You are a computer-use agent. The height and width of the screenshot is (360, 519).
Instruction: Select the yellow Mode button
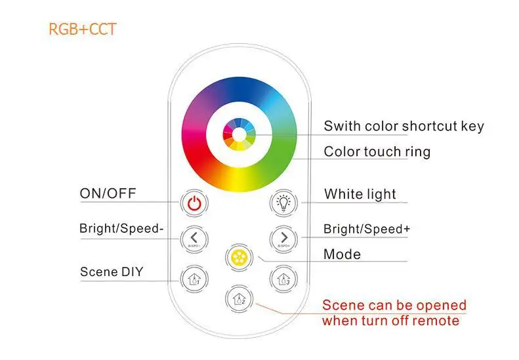coord(238,255)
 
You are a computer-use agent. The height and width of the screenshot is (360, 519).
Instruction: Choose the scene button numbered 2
coord(238,298)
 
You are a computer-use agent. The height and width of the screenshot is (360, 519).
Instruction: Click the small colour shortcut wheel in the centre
coord(238,134)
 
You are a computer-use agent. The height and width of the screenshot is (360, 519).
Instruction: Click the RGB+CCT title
coord(82,30)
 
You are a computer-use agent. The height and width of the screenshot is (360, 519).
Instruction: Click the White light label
coord(360,194)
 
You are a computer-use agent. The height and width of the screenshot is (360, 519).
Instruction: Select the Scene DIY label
coord(112,271)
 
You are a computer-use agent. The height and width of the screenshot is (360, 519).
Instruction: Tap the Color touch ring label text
coord(377,152)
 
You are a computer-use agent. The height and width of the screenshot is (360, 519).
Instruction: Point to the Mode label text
coord(343,254)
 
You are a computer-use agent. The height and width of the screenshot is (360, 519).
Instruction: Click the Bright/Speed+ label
coord(367,229)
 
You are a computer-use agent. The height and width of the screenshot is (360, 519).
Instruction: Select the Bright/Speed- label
coord(119,229)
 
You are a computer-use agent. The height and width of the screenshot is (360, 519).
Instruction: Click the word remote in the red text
coord(436,321)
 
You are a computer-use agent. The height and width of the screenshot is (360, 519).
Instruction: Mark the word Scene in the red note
coord(342,306)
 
